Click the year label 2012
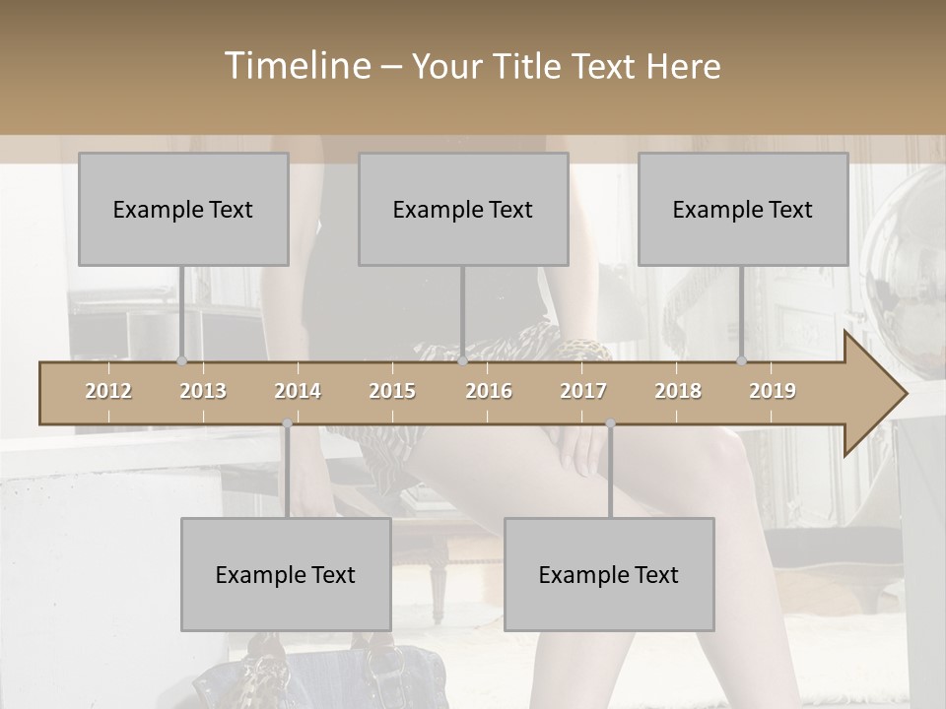pyautogui.click(x=108, y=392)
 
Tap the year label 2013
pyautogui.click(x=203, y=392)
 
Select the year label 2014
pyautogui.click(x=298, y=392)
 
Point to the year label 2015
pyautogui.click(x=392, y=392)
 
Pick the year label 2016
pyautogui.click(x=489, y=392)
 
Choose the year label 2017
pyautogui.click(x=583, y=392)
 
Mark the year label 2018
pyautogui.click(x=678, y=392)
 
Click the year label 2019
pyautogui.click(x=773, y=392)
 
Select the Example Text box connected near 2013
pyautogui.click(x=183, y=209)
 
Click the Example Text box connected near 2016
pyautogui.click(x=463, y=209)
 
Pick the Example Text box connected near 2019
pyautogui.click(x=743, y=209)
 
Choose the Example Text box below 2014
pyautogui.click(x=286, y=574)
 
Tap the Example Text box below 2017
pyautogui.click(x=609, y=574)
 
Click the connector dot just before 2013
pyautogui.click(x=181, y=360)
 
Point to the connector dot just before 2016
pyautogui.click(x=463, y=360)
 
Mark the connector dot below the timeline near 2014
pyautogui.click(x=287, y=424)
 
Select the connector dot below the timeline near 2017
pyautogui.click(x=610, y=424)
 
